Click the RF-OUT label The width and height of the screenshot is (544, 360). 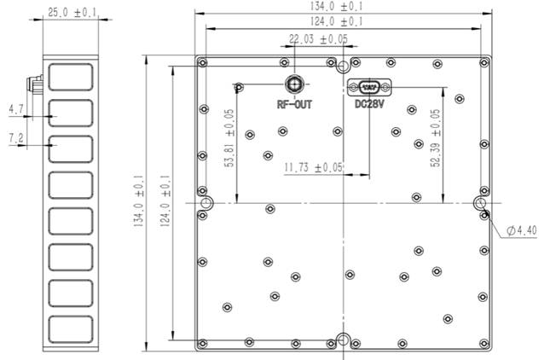pos(294,104)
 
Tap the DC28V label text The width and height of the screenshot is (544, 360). pos(369,104)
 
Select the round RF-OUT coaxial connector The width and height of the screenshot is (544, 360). pos(294,84)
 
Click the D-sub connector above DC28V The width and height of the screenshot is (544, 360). pos(369,87)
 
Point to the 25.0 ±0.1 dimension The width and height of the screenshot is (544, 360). pos(72,13)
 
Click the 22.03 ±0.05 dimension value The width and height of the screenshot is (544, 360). pos(318,39)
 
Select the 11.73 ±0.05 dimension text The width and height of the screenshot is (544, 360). pos(314,168)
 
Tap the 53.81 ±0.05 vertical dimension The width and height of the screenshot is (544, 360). pos(229,138)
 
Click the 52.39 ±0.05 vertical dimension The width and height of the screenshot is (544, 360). pos(436,138)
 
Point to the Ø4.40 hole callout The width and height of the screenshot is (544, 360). pos(522,230)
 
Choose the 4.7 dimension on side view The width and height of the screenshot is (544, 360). pos(16,110)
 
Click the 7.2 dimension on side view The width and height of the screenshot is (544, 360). pos(16,138)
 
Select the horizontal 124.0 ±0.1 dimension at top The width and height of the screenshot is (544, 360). pos(337,22)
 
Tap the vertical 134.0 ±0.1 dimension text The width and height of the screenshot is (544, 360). pos(139,201)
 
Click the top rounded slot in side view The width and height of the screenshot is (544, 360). pos(71,77)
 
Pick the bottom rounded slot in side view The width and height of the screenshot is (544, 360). pos(71,329)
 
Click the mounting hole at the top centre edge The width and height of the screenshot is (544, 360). pos(343,66)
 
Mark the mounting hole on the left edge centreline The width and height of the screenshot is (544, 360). pos(207,203)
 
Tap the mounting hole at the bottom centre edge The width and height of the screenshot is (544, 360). pos(343,340)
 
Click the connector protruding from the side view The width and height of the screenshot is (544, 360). pos(35,84)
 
